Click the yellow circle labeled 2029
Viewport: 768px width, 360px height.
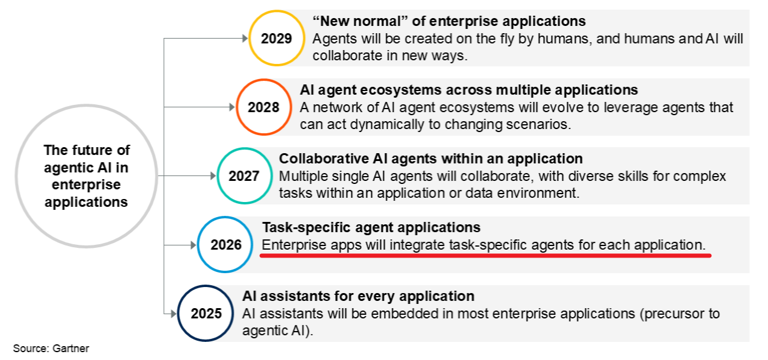[249, 38]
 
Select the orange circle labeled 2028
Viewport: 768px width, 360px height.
[236, 107]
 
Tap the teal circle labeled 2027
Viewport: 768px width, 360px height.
[218, 176]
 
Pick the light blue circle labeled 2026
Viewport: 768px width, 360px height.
[198, 245]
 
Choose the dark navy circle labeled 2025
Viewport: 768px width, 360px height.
[178, 314]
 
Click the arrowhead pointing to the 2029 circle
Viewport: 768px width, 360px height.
[245, 39]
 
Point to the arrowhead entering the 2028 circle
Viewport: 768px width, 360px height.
[232, 107]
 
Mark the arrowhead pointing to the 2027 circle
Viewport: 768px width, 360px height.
[213, 176]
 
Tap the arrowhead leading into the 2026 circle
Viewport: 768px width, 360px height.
[194, 245]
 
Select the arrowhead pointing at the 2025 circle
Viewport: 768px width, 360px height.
[174, 314]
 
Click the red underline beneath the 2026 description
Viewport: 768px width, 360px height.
[485, 256]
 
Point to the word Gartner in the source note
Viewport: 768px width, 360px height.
[71, 349]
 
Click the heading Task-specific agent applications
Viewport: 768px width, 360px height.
[371, 227]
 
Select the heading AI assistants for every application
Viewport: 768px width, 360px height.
[358, 296]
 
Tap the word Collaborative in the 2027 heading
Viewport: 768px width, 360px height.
[324, 159]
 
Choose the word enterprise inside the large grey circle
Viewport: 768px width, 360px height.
[86, 185]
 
